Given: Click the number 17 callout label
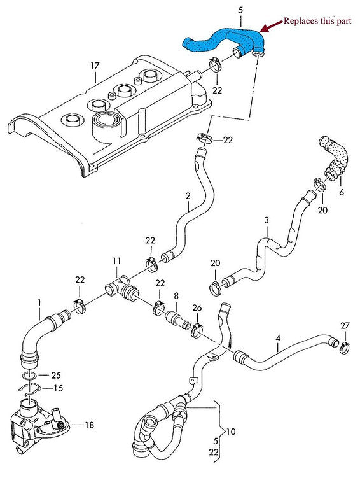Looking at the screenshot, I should click(95, 66).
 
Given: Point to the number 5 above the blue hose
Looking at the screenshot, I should click(240, 11).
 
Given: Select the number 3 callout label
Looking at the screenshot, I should click(267, 220).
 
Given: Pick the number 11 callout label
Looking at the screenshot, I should click(116, 261).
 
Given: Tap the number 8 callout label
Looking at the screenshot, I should click(176, 295).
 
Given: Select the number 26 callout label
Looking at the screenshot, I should click(197, 308).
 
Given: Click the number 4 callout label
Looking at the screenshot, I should click(277, 347).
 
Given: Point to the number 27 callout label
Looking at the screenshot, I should click(344, 326).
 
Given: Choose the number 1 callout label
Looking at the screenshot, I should click(39, 300).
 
